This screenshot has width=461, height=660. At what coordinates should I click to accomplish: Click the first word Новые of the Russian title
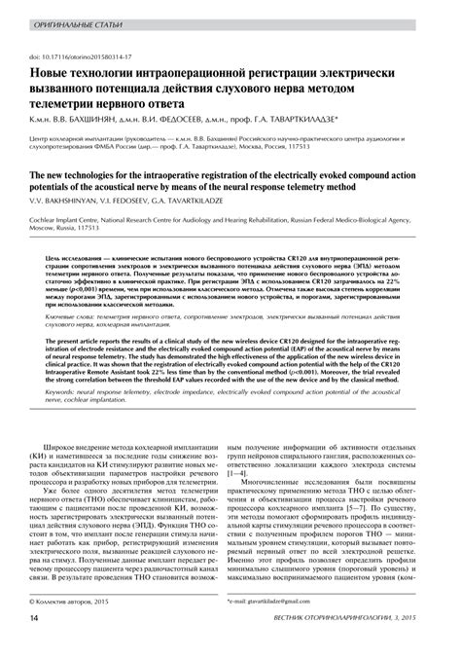click(x=51, y=74)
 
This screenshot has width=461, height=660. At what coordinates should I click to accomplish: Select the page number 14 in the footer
click(x=34, y=646)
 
